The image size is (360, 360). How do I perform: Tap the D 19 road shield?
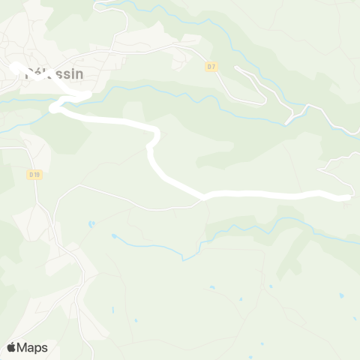[x=34, y=174]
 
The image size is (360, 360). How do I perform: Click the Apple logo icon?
[x=11, y=347]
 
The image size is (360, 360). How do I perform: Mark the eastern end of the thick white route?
[x=346, y=198]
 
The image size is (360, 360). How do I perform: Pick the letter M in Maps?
[x=22, y=347]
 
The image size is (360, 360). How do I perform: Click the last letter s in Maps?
[x=44, y=348]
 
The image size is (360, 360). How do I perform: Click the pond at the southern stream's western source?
[x=115, y=236]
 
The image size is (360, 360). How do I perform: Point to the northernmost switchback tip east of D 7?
[x=237, y=68]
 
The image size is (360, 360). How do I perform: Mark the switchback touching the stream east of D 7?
[x=290, y=121]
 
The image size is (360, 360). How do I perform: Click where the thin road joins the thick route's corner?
[x=203, y=198]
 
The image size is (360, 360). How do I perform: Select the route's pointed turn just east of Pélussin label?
[x=89, y=94]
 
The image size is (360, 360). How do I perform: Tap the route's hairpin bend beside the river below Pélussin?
[x=53, y=109]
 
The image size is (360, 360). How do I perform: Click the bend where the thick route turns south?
[x=157, y=133]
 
